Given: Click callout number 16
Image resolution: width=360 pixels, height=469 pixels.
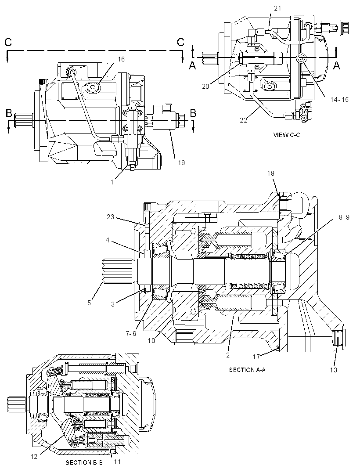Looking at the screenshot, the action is pos(121,59).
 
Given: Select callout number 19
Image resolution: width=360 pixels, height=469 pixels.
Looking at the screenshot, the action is pos(181,163).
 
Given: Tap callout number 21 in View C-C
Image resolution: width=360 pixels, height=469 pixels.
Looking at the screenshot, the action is pos(277,8).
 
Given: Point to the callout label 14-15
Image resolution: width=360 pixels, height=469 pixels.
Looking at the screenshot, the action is pos(339,100).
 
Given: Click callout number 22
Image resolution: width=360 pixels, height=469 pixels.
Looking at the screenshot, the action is pos(244,120).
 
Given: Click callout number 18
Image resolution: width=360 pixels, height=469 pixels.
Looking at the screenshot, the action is pos(271,173).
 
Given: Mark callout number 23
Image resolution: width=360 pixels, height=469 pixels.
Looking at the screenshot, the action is pos(111,216).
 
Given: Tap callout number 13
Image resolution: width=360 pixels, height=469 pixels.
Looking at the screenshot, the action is pos(333,370).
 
